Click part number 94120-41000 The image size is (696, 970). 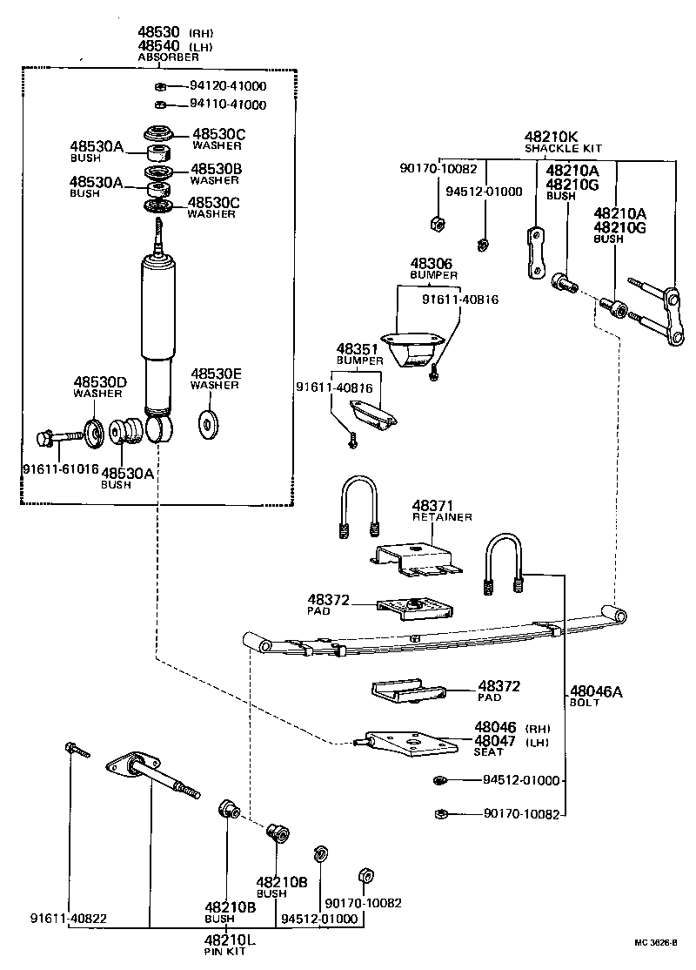point(228,86)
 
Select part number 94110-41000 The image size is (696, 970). point(228,104)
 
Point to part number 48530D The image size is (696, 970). point(100,381)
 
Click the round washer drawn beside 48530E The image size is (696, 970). point(209,422)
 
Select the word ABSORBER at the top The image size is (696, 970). point(168,57)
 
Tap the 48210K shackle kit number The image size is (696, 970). point(551,137)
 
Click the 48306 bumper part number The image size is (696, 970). point(432,263)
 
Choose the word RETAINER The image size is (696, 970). point(442,517)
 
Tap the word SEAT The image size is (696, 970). point(489,751)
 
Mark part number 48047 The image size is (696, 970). point(495,740)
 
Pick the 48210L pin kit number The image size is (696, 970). point(230,940)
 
